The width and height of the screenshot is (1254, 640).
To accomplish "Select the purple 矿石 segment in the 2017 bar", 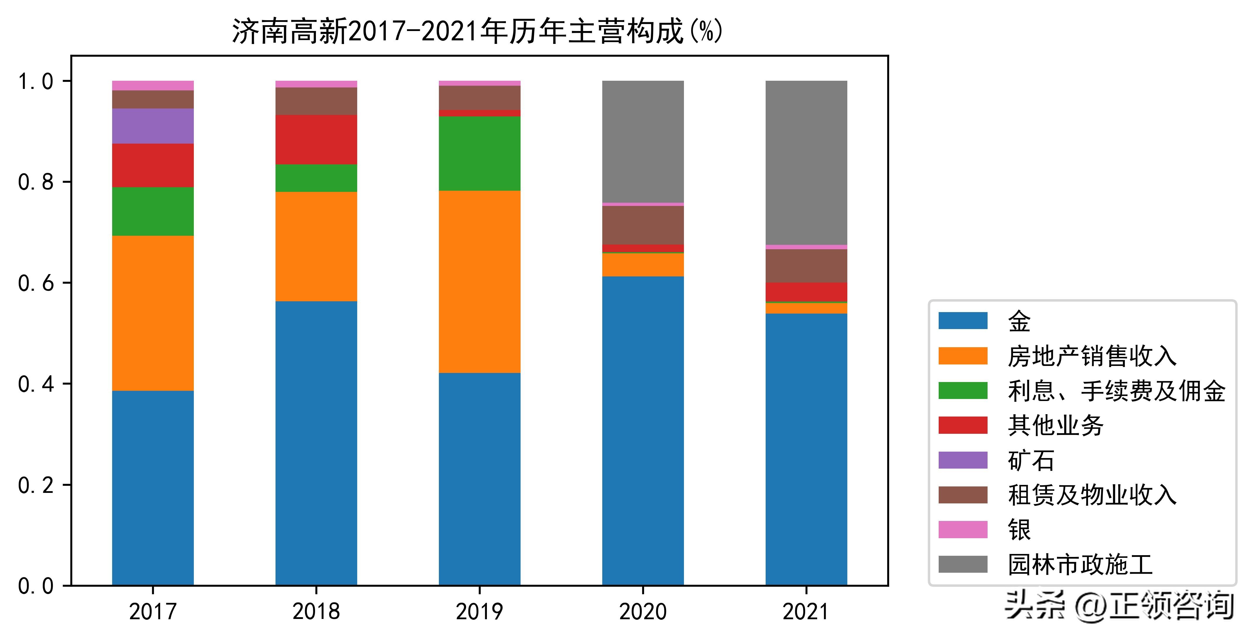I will [x=153, y=126].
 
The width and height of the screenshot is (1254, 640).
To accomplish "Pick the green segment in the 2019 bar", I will [x=480, y=153].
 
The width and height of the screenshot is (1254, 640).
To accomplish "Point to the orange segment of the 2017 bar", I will [x=153, y=313].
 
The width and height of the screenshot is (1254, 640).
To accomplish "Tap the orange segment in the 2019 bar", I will [x=480, y=282].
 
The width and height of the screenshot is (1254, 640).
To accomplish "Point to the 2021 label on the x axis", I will [x=806, y=611].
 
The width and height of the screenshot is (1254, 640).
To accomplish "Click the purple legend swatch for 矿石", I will [x=962, y=460].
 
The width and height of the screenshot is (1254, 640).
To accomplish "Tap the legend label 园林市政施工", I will [x=1080, y=565].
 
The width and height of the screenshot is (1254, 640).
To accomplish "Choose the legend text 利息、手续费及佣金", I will [x=1116, y=391].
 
